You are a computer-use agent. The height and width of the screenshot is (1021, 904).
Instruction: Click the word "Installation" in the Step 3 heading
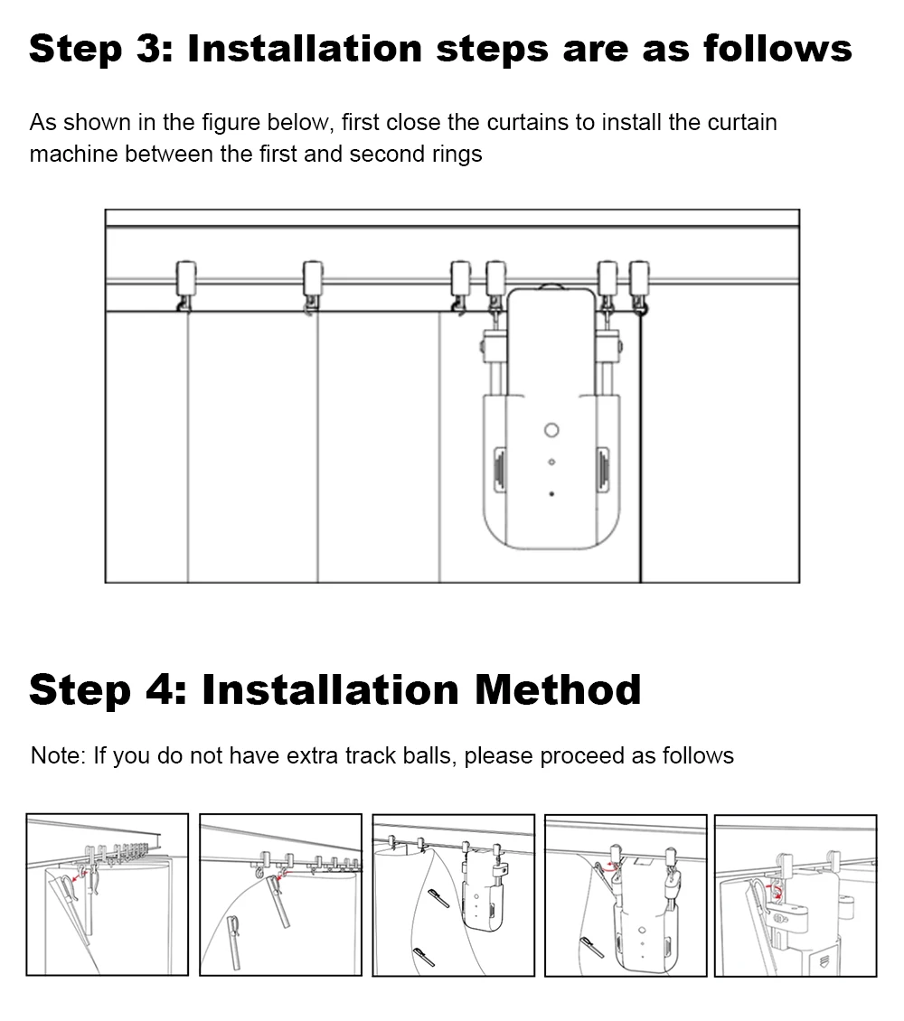305,48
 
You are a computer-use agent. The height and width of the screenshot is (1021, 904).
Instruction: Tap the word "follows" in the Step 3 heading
777,48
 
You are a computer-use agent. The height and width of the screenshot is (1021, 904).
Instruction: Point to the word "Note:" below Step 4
58,755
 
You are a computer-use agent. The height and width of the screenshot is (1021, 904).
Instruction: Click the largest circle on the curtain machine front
551,430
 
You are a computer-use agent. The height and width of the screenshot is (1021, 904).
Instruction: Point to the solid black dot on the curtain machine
551,494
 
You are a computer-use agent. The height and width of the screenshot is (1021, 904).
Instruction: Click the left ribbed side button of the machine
500,468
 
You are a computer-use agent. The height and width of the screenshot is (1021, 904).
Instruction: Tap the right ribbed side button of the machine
602,468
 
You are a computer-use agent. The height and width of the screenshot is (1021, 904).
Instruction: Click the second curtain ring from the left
313,286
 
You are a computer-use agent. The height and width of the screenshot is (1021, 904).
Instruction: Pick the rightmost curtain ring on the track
639,286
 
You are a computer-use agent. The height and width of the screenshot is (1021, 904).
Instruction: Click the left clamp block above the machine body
494,346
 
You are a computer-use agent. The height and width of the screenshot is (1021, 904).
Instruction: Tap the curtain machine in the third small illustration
481,893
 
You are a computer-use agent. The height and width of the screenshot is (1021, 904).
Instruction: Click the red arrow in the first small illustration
77,877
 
